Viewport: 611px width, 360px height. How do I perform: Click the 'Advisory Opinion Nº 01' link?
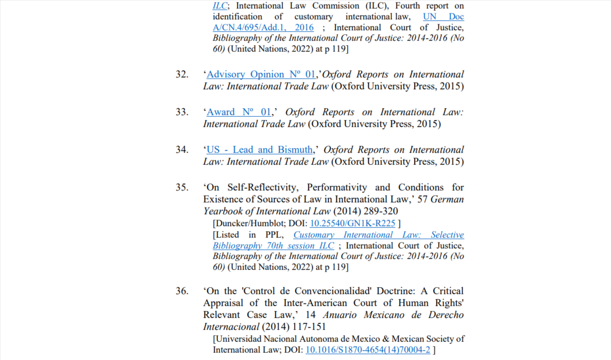pyautogui.click(x=261, y=74)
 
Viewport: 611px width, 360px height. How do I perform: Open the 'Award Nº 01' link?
pyautogui.click(x=239, y=112)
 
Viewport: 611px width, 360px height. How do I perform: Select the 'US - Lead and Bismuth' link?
pyautogui.click(x=259, y=150)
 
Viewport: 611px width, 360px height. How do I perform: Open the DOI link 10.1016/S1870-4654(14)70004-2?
pyautogui.click(x=367, y=350)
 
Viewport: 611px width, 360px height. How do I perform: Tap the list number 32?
pyautogui.click(x=182, y=74)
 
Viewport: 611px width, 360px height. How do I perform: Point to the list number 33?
pyautogui.click(x=182, y=112)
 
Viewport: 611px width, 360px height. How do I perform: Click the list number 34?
pyautogui.click(x=182, y=150)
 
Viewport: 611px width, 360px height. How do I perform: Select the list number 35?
pyautogui.click(x=182, y=187)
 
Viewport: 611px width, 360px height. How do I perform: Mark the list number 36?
pyautogui.click(x=182, y=291)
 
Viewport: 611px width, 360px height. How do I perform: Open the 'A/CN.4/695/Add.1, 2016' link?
pyautogui.click(x=263, y=28)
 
